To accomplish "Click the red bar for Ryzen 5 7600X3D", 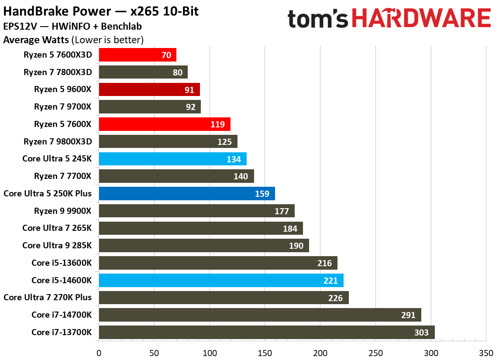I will [138, 55].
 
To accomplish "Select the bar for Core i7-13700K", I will [266, 332].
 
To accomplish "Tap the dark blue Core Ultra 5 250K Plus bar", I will [187, 193].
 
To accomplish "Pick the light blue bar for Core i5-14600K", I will [221, 280].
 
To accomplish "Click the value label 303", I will [421, 333].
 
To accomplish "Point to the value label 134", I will [234, 159].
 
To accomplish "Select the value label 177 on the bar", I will [282, 211].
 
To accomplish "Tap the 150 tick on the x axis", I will [265, 352].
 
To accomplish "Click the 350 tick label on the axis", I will [486, 352].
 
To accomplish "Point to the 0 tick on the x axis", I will [99, 352].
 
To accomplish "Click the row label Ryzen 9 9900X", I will [63, 211].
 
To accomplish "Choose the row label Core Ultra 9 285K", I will [57, 245].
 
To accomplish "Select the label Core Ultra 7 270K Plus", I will [48, 297].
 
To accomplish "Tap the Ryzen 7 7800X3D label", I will [58, 72].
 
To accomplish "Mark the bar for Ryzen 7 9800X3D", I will [168, 141].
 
